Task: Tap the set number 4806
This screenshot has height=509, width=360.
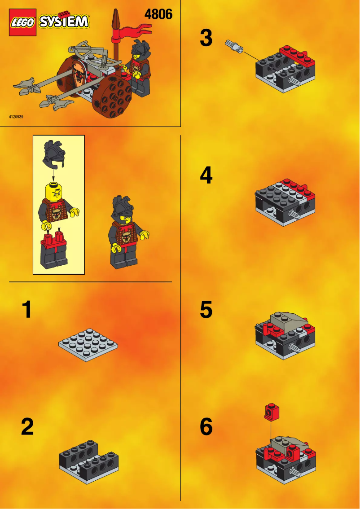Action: tap(158, 15)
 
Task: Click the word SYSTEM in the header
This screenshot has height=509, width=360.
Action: tap(64, 22)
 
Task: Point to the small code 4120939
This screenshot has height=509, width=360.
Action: tap(16, 117)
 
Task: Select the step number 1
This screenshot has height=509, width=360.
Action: tap(27, 310)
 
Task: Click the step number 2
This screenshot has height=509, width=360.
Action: tap(27, 427)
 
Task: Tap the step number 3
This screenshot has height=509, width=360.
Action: tap(206, 38)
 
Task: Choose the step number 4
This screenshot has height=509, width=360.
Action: tap(206, 175)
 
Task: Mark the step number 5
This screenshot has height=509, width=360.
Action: tap(206, 310)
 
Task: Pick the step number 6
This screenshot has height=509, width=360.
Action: tap(206, 427)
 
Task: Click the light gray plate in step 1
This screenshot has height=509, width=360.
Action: tap(88, 345)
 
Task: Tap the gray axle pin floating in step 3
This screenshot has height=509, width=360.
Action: tap(235, 45)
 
